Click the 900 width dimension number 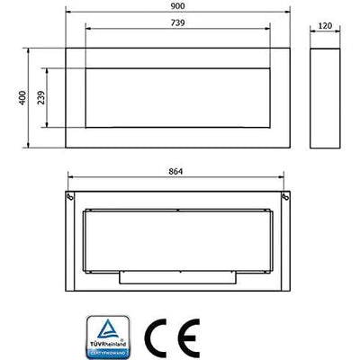[177, 7]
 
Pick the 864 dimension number [177, 171]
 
